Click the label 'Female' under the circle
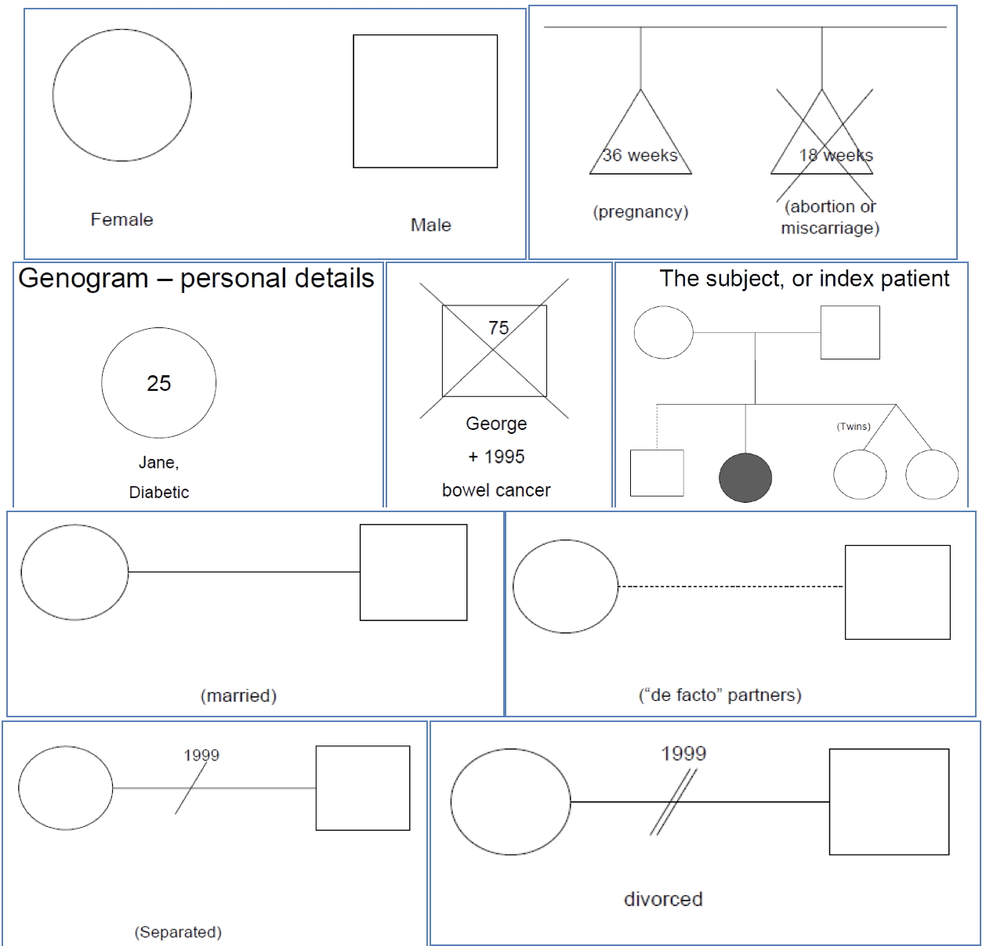(121, 219)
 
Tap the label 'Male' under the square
(430, 225)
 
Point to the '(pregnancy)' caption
(640, 212)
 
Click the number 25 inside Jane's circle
(158, 383)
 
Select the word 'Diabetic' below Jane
(159, 492)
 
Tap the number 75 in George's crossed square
(498, 328)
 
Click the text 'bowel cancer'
(496, 490)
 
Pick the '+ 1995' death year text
(496, 457)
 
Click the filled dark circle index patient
(745, 477)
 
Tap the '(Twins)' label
(854, 427)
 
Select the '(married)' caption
(238, 695)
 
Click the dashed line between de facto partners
(730, 587)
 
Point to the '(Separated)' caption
(178, 932)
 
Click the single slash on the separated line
(191, 788)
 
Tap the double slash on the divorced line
(673, 802)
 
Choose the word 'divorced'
(663, 899)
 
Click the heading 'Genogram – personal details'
(196, 279)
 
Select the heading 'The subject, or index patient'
(804, 279)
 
